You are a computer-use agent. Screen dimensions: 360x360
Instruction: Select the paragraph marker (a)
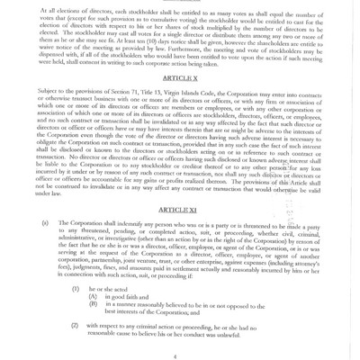click(44, 222)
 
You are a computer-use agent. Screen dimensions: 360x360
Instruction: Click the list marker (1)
click(76, 282)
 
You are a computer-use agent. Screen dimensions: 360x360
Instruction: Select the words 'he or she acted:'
click(116, 282)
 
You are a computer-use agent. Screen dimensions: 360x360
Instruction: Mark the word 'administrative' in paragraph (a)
click(77, 238)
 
